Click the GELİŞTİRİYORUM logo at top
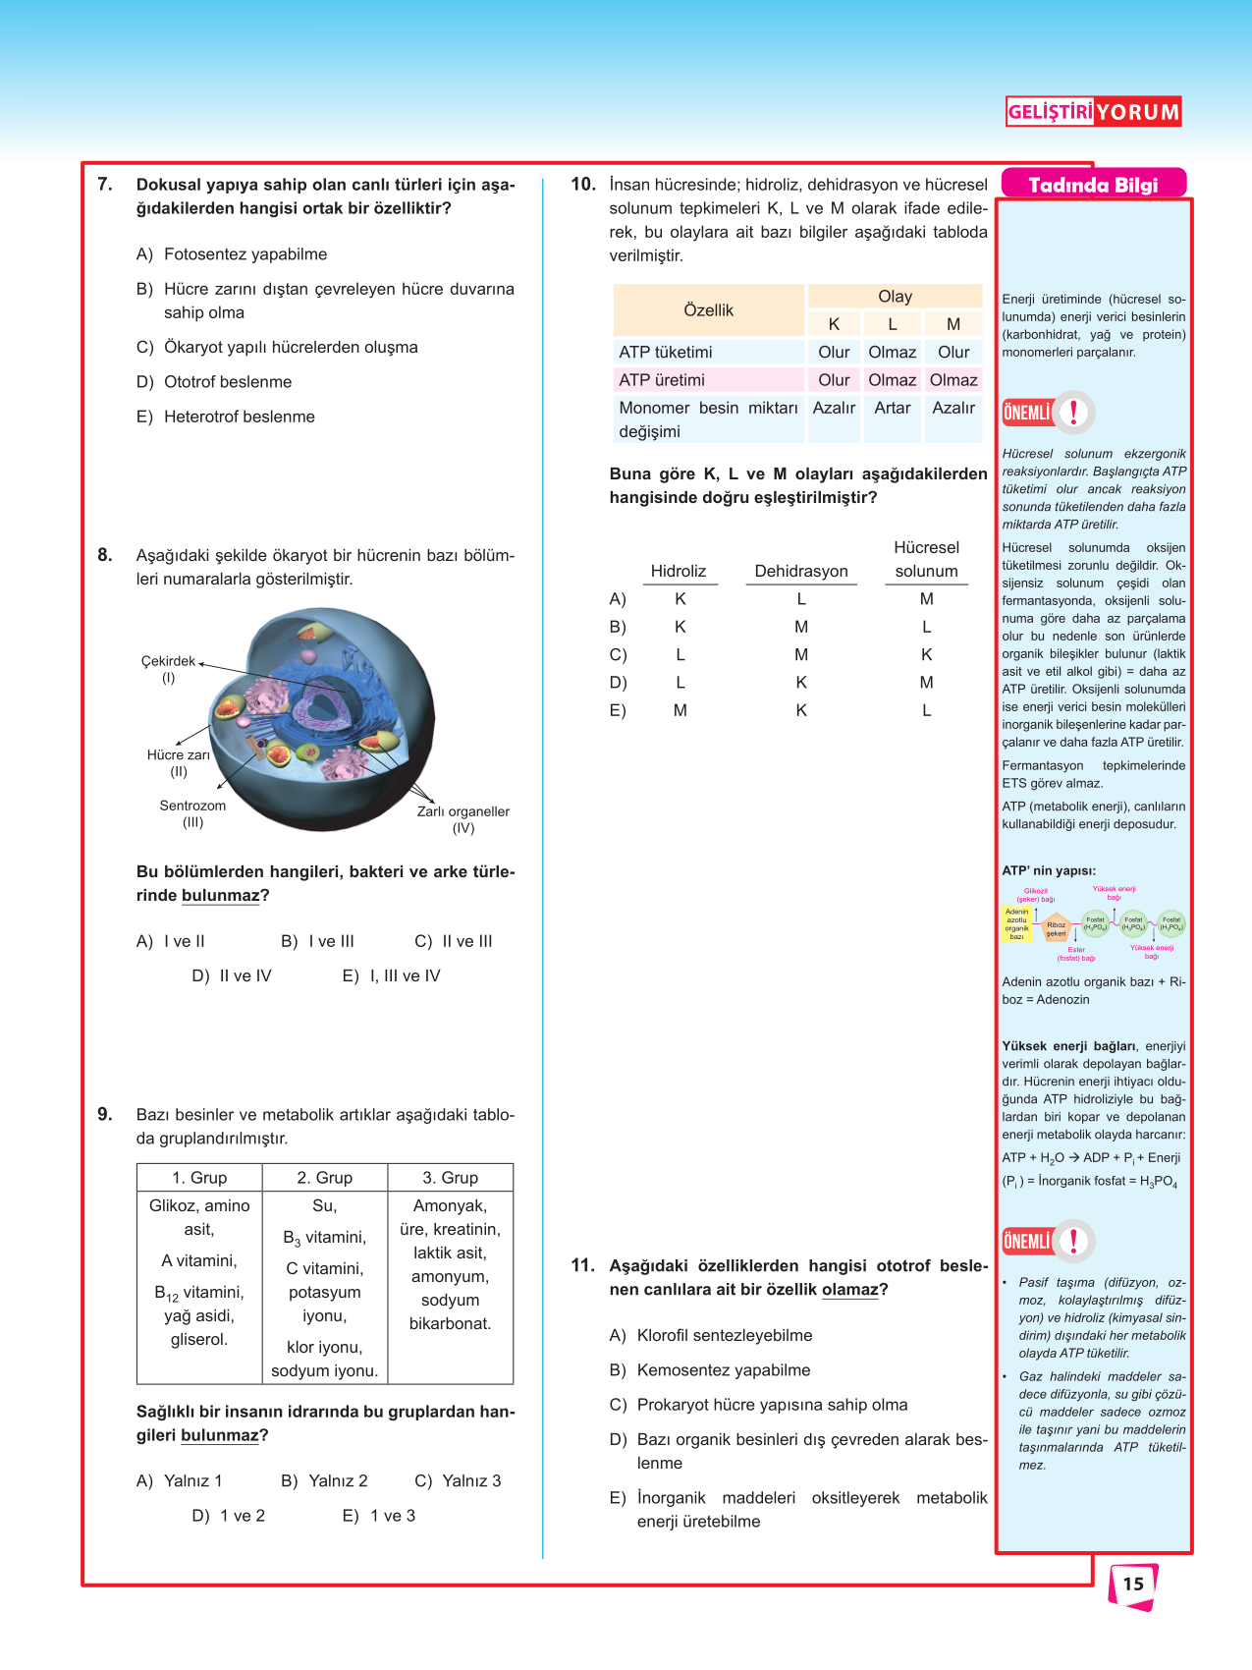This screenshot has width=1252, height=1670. click(1093, 112)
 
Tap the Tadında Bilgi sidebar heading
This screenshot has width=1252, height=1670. click(1093, 185)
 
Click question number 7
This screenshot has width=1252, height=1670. click(105, 185)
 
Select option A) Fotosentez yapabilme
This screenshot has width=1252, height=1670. click(232, 254)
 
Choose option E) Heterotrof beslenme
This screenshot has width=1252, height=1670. click(226, 417)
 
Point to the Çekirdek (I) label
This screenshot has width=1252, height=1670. click(168, 669)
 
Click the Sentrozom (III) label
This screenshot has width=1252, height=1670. click(192, 813)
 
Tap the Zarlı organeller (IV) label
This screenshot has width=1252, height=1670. click(463, 819)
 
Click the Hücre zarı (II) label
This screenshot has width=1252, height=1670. click(179, 762)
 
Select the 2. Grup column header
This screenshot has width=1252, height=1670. click(324, 1178)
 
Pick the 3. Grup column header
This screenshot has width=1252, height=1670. click(450, 1178)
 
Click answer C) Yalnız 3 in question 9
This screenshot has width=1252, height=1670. click(458, 1480)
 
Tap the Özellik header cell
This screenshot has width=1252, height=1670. click(708, 310)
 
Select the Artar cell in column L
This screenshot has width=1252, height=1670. click(892, 408)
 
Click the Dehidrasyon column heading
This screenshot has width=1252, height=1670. click(801, 571)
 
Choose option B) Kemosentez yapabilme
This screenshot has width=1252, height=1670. click(710, 1370)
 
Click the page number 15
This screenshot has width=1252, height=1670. click(1133, 1584)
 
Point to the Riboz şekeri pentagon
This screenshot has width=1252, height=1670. click(1056, 927)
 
